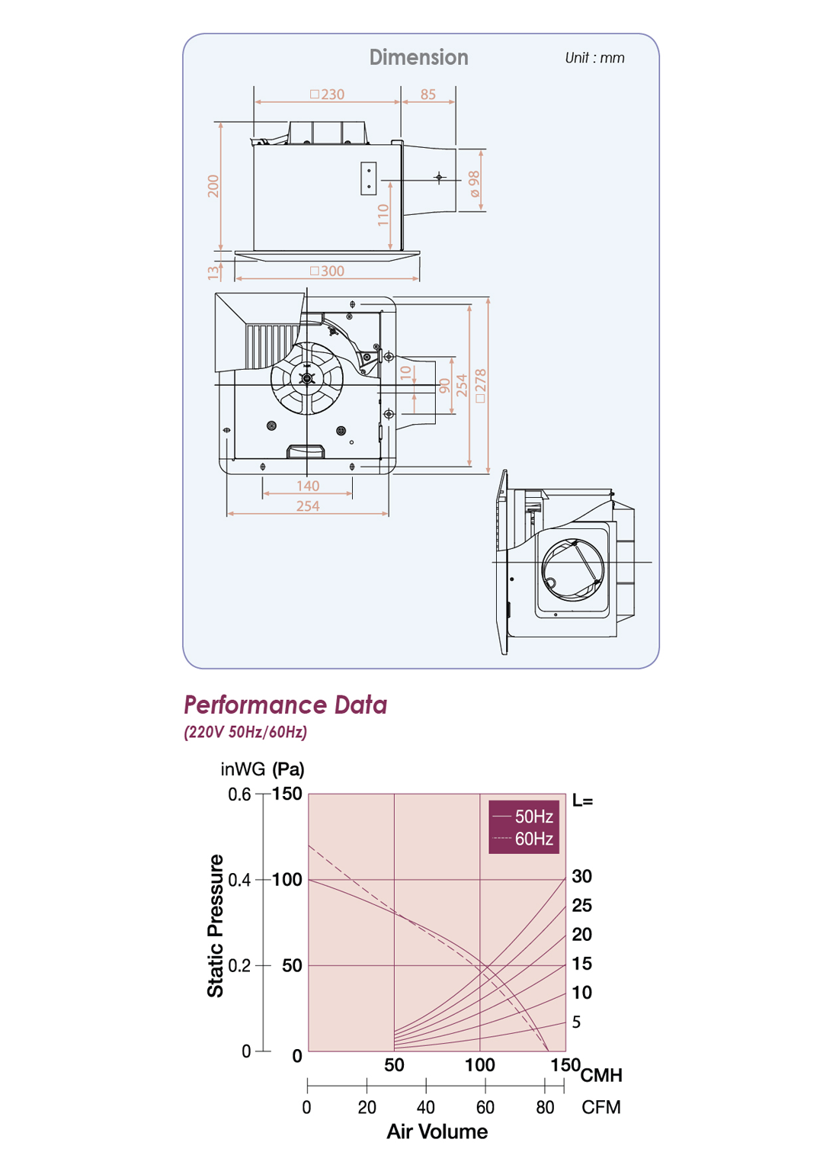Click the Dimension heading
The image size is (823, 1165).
[x=418, y=57]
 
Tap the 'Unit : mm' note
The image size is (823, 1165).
[x=594, y=58]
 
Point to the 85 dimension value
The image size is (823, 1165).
[x=428, y=95]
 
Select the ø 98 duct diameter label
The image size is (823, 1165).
[x=475, y=184]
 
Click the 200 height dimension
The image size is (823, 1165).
[x=213, y=186]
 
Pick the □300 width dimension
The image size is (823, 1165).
[x=327, y=271]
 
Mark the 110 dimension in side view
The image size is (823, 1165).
[x=383, y=214]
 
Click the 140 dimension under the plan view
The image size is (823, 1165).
[x=308, y=486]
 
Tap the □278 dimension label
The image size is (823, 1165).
[x=480, y=386]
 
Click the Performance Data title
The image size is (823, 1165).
[x=285, y=704]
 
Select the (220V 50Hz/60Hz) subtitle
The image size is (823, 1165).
[x=245, y=732]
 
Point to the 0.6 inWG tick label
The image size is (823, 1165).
[x=239, y=794]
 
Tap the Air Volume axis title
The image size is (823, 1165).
[x=437, y=1131]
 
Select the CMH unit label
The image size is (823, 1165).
[x=601, y=1075]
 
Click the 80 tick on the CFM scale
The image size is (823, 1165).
[x=545, y=1107]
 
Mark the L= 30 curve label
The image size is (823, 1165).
[x=581, y=876]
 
